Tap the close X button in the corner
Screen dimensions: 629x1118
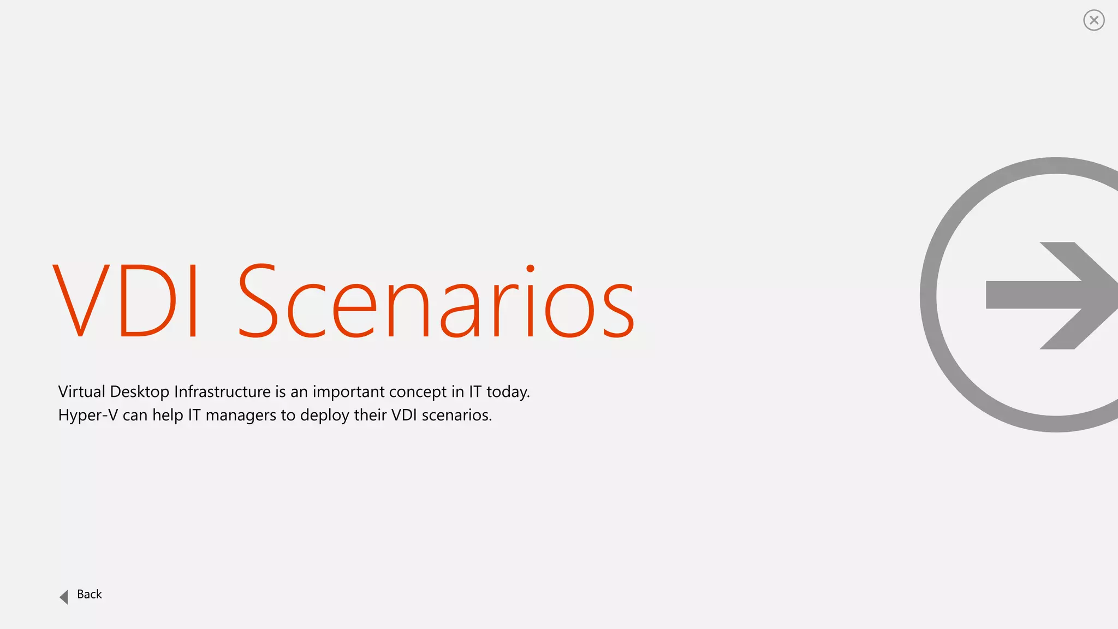(x=1093, y=21)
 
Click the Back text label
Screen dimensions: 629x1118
(x=90, y=595)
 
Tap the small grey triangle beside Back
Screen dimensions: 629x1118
(x=64, y=597)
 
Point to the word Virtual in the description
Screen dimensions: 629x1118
(x=81, y=392)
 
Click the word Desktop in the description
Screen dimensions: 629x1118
(x=140, y=392)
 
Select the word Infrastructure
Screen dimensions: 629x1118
(x=222, y=392)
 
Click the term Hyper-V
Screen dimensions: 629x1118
(x=88, y=416)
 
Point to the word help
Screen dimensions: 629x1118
(x=168, y=416)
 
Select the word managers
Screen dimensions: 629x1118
(x=241, y=416)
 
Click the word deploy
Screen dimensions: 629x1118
(x=324, y=416)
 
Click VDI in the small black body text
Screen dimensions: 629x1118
(x=404, y=416)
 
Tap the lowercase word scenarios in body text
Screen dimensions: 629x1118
(x=456, y=416)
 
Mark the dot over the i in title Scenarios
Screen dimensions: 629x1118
(x=530, y=269)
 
